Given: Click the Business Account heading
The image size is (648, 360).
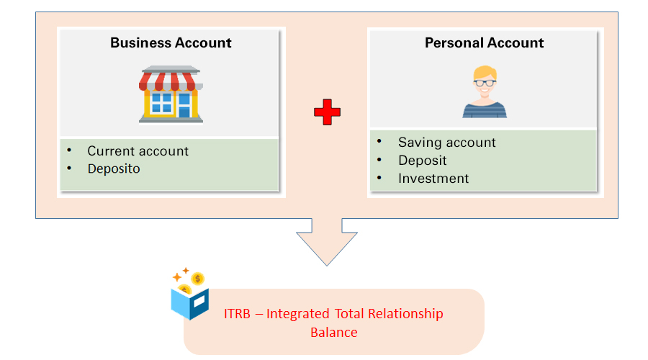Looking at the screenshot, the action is point(171,42).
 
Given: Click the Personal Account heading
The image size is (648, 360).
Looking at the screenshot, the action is point(484,42).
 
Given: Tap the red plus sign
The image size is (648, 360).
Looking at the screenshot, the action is point(327,112).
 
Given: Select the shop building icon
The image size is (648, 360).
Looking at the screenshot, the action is point(171,94).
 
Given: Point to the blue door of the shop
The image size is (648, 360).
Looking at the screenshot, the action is point(184,105).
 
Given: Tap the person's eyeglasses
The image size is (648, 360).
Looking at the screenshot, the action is point(485,83).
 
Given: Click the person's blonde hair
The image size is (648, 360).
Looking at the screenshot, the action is point(485,71).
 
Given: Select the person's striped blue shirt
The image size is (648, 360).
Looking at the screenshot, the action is point(485,110).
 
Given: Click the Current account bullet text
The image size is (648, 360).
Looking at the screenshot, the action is point(138,151).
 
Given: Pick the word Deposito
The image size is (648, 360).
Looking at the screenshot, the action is point(114,169).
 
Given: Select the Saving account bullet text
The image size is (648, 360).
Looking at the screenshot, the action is point(446,143).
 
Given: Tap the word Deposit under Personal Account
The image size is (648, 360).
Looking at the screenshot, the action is point(423,161).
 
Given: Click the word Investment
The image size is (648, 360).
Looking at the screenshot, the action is point(433,178).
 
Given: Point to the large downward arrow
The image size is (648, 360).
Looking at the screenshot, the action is point(327,242).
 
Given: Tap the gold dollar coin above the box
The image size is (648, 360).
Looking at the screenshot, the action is point(197,279).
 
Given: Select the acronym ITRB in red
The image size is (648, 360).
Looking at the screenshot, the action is point(237,314).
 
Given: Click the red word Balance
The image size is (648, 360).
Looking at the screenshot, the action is point(334,333).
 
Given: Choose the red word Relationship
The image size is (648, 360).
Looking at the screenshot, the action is point(405,314).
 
